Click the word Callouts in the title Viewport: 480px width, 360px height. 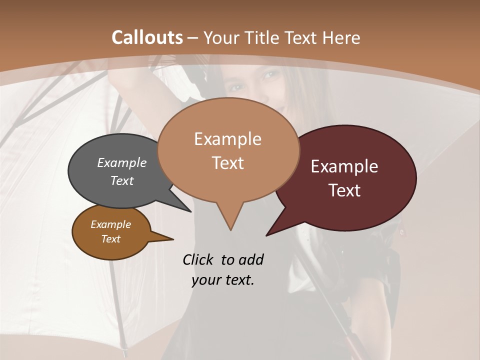tap(147, 37)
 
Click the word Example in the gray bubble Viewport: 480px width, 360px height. tap(122, 162)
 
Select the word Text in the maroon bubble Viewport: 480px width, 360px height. tap(344, 190)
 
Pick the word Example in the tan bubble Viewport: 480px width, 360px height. tap(227, 139)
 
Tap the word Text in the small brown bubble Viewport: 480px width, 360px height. tap(110, 239)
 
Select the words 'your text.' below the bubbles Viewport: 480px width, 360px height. tap(223, 279)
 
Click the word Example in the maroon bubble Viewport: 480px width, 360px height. tap(344, 166)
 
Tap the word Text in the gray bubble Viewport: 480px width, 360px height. tap(122, 180)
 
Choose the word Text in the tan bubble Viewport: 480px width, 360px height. tap(228, 163)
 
